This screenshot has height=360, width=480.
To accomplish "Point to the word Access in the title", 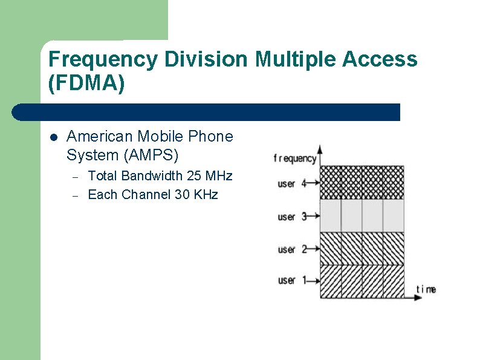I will click(x=380, y=59).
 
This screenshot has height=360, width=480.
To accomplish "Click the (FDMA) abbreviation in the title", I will click(x=86, y=83).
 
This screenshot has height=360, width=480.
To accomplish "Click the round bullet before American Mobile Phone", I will click(x=53, y=137).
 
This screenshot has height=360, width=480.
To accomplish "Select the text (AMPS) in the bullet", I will click(x=151, y=155).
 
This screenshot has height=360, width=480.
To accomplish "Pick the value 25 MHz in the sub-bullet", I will click(x=210, y=176).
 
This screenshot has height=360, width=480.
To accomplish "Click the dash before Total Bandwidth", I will click(x=76, y=177).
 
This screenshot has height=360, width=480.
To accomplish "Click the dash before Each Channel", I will click(x=76, y=195).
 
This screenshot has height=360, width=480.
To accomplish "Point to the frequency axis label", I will click(x=294, y=159).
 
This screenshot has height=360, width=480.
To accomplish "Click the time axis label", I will click(x=426, y=289).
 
